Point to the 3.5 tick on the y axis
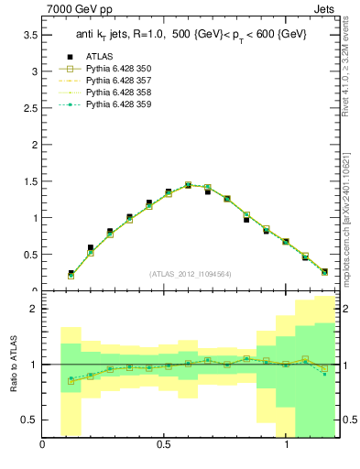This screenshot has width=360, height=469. (30, 35)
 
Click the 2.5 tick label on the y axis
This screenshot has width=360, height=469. (30, 108)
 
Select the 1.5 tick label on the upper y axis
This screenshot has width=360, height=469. (30, 181)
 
